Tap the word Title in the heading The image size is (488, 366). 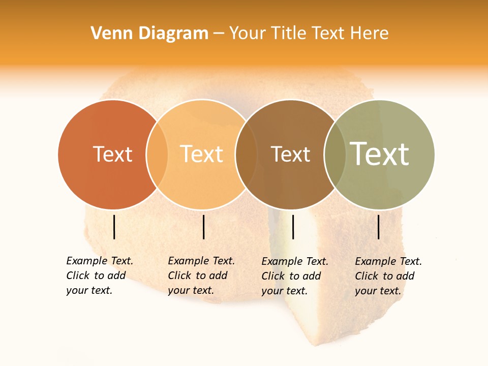pos(289,34)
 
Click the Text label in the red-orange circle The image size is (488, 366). pos(112,154)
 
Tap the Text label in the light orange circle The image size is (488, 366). pos(202,154)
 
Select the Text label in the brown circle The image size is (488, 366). pos(290,154)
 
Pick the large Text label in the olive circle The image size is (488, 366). pos(380,154)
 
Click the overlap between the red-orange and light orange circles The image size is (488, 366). pos(157,154)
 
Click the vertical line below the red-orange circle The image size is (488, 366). pos(114,227)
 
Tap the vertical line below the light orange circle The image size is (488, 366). pos(203,227)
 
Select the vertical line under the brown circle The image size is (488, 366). pos(293,227)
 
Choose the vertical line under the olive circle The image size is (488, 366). pos(379,227)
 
